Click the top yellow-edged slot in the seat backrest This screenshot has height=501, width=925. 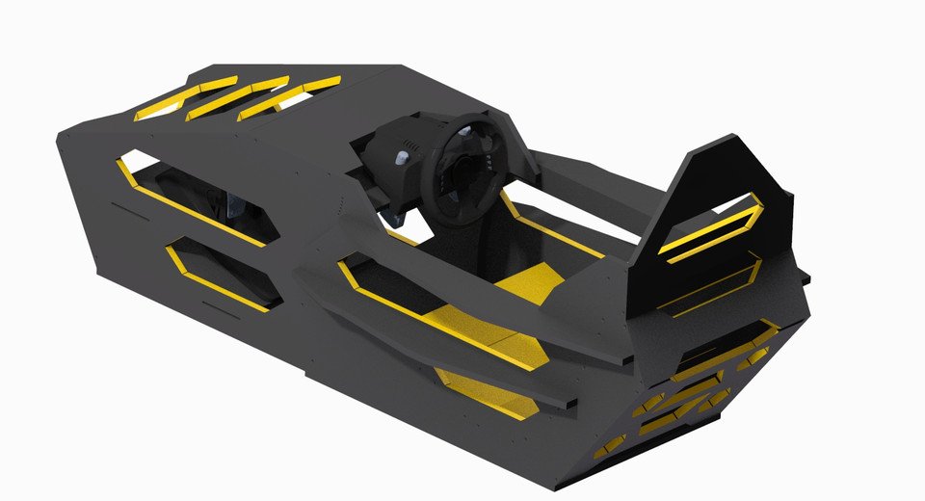pyautogui.click(x=711, y=226)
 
